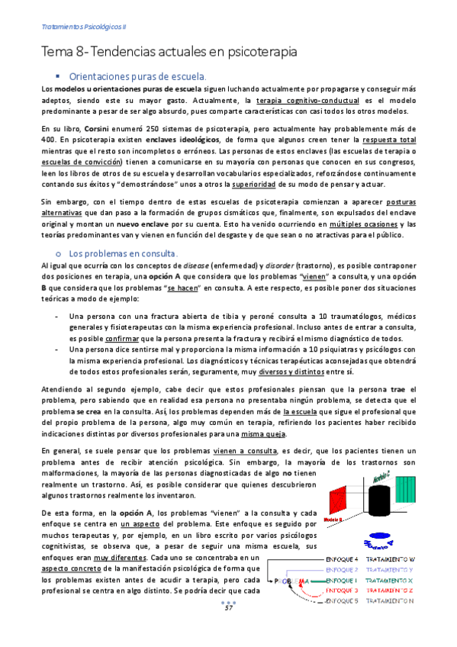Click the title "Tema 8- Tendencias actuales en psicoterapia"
coord(169,52)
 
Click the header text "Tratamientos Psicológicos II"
coord(84,25)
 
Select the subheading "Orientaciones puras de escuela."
coord(137,76)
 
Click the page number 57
coord(228,629)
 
